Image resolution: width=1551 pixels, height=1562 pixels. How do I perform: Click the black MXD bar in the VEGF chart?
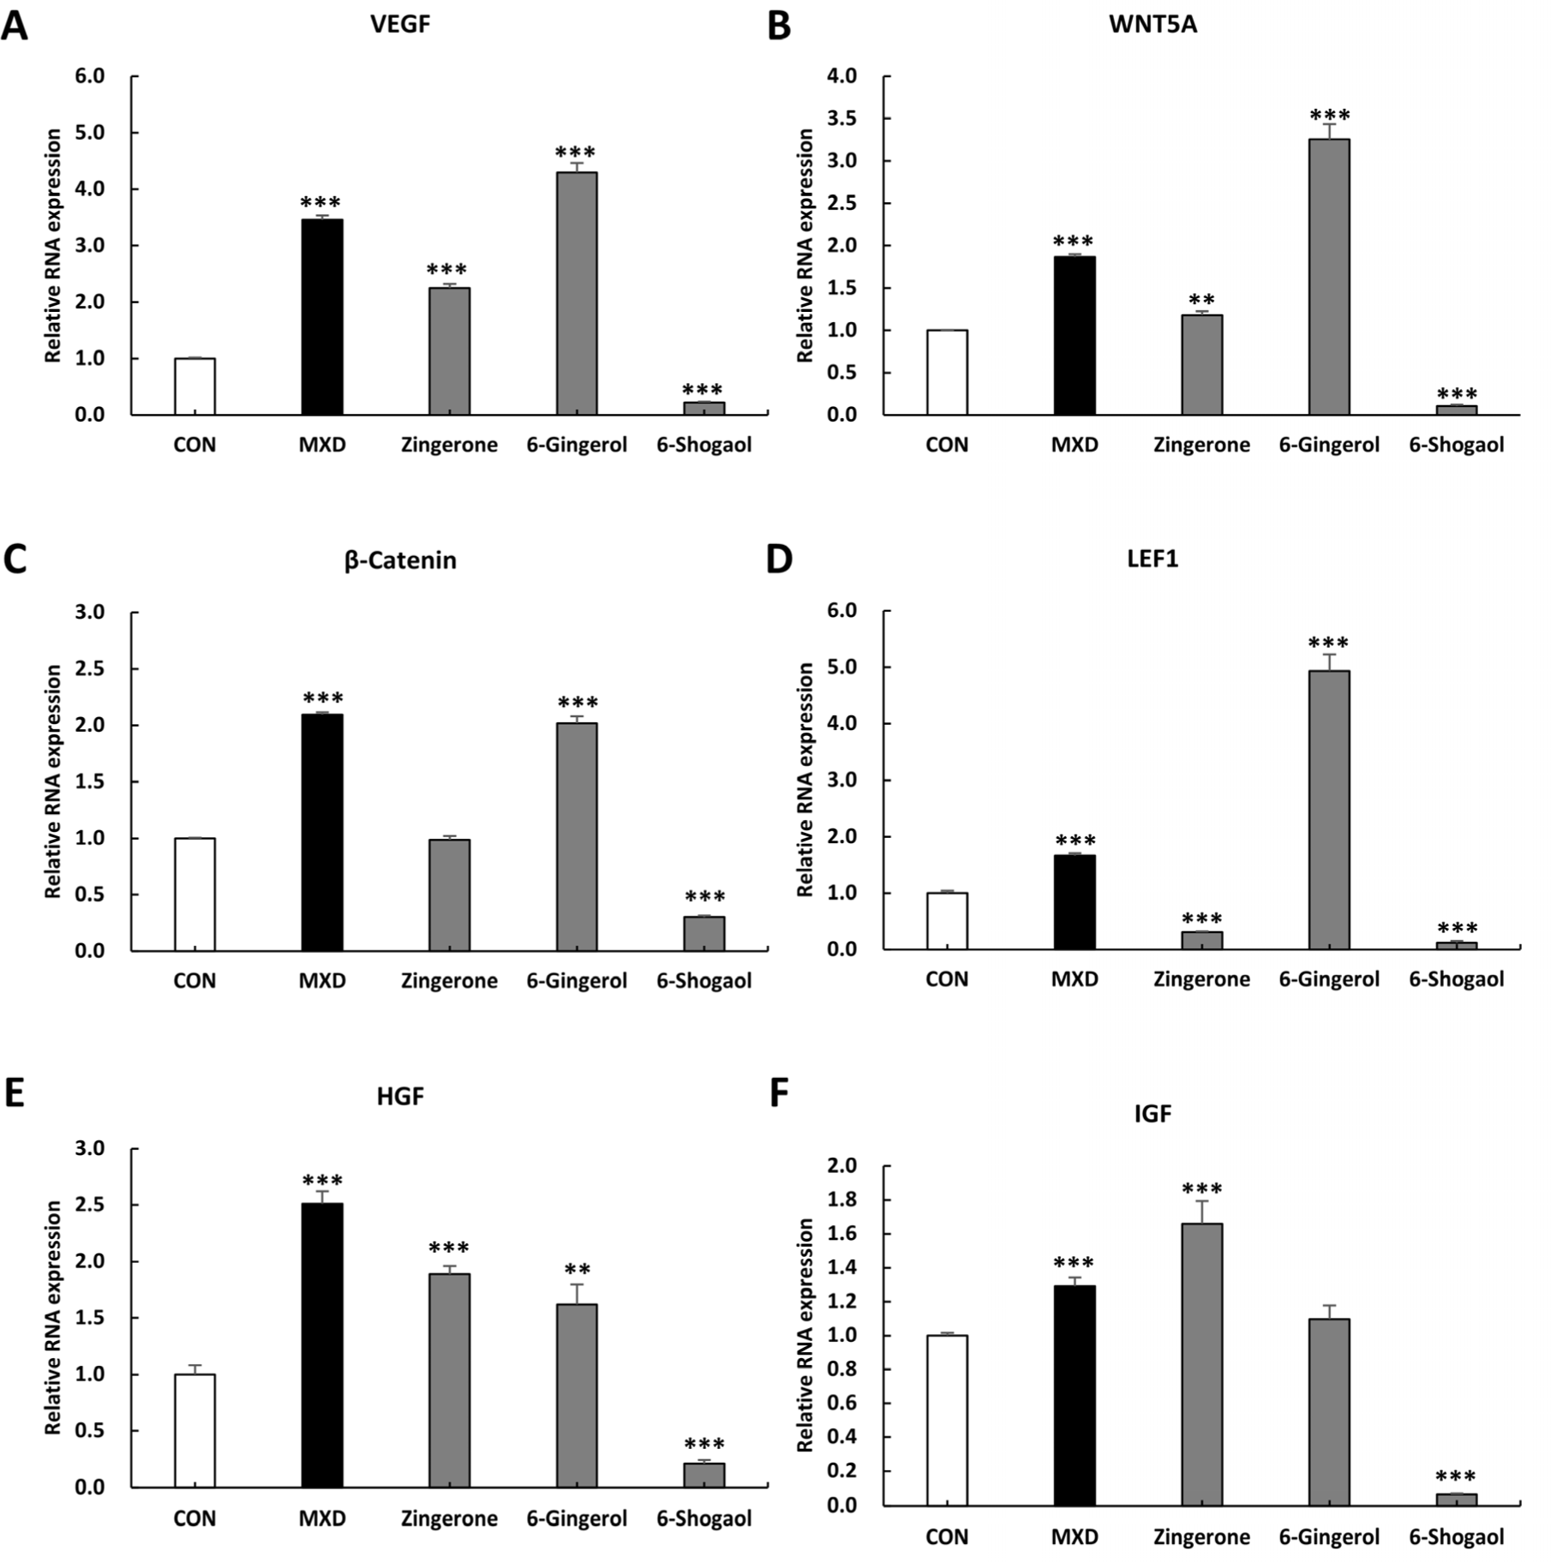click(x=322, y=317)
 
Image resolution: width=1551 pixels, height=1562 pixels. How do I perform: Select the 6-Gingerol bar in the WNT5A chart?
click(x=1329, y=277)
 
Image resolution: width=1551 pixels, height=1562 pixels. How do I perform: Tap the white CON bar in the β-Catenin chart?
click(x=195, y=895)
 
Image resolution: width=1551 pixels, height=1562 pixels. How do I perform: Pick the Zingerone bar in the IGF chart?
click(x=1201, y=1364)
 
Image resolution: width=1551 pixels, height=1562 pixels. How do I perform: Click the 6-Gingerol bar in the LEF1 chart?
click(x=1329, y=810)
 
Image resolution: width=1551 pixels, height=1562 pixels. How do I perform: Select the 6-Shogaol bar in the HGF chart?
click(x=704, y=1475)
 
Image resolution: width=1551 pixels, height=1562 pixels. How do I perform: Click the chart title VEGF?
click(x=400, y=23)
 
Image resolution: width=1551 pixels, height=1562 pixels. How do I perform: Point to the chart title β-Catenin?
click(x=400, y=560)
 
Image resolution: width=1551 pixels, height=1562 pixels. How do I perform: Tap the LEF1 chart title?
click(x=1153, y=559)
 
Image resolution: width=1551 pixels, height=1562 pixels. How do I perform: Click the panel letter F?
click(x=779, y=1094)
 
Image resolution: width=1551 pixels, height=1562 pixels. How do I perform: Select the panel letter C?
click(x=15, y=559)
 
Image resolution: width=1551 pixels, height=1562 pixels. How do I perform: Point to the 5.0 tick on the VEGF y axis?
click(x=89, y=133)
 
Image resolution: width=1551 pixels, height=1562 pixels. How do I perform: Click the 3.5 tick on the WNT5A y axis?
click(x=841, y=118)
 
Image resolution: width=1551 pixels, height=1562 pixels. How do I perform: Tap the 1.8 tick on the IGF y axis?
click(x=841, y=1200)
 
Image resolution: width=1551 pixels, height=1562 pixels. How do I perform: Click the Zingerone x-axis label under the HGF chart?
click(x=449, y=1519)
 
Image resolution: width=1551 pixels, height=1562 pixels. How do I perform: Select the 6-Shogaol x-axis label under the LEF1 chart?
click(x=1457, y=979)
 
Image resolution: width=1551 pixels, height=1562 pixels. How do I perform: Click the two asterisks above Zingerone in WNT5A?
click(x=1201, y=300)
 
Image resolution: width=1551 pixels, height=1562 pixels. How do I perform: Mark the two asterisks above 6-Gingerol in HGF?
click(x=577, y=1269)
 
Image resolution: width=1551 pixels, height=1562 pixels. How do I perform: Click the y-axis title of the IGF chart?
click(x=805, y=1335)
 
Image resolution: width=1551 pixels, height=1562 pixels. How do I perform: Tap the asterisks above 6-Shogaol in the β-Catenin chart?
click(x=704, y=896)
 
